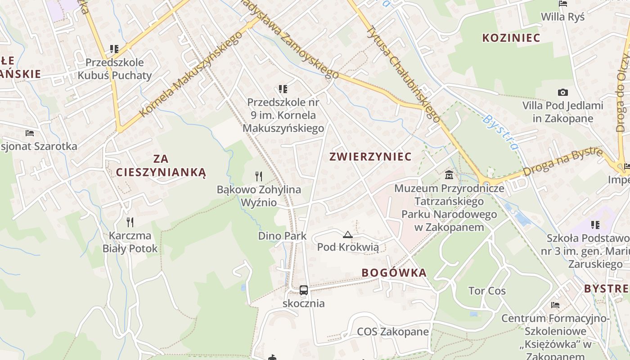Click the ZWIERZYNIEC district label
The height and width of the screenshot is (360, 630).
[370, 157]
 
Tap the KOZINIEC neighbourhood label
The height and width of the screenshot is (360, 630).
[511, 38]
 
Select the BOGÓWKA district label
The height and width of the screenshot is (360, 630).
[394, 273]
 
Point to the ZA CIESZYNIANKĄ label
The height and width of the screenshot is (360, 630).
[161, 165]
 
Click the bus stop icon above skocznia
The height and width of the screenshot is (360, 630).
[304, 290]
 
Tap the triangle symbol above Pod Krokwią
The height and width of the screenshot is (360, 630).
[348, 234]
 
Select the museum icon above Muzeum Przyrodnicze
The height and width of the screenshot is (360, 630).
[449, 175]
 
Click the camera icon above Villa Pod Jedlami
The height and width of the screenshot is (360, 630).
[562, 93]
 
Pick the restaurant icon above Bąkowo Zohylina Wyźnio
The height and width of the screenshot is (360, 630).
[259, 176]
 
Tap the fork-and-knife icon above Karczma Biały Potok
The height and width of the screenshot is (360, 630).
[130, 222]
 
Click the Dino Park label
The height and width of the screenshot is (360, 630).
[282, 236]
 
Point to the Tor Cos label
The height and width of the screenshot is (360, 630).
[487, 291]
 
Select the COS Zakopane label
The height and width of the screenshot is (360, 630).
[393, 332]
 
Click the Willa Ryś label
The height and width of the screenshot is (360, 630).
[562, 17]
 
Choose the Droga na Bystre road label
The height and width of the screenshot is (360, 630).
[562, 162]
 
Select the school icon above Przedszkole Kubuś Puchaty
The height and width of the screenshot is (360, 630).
[114, 49]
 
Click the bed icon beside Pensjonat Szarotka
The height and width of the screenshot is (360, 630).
[30, 133]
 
